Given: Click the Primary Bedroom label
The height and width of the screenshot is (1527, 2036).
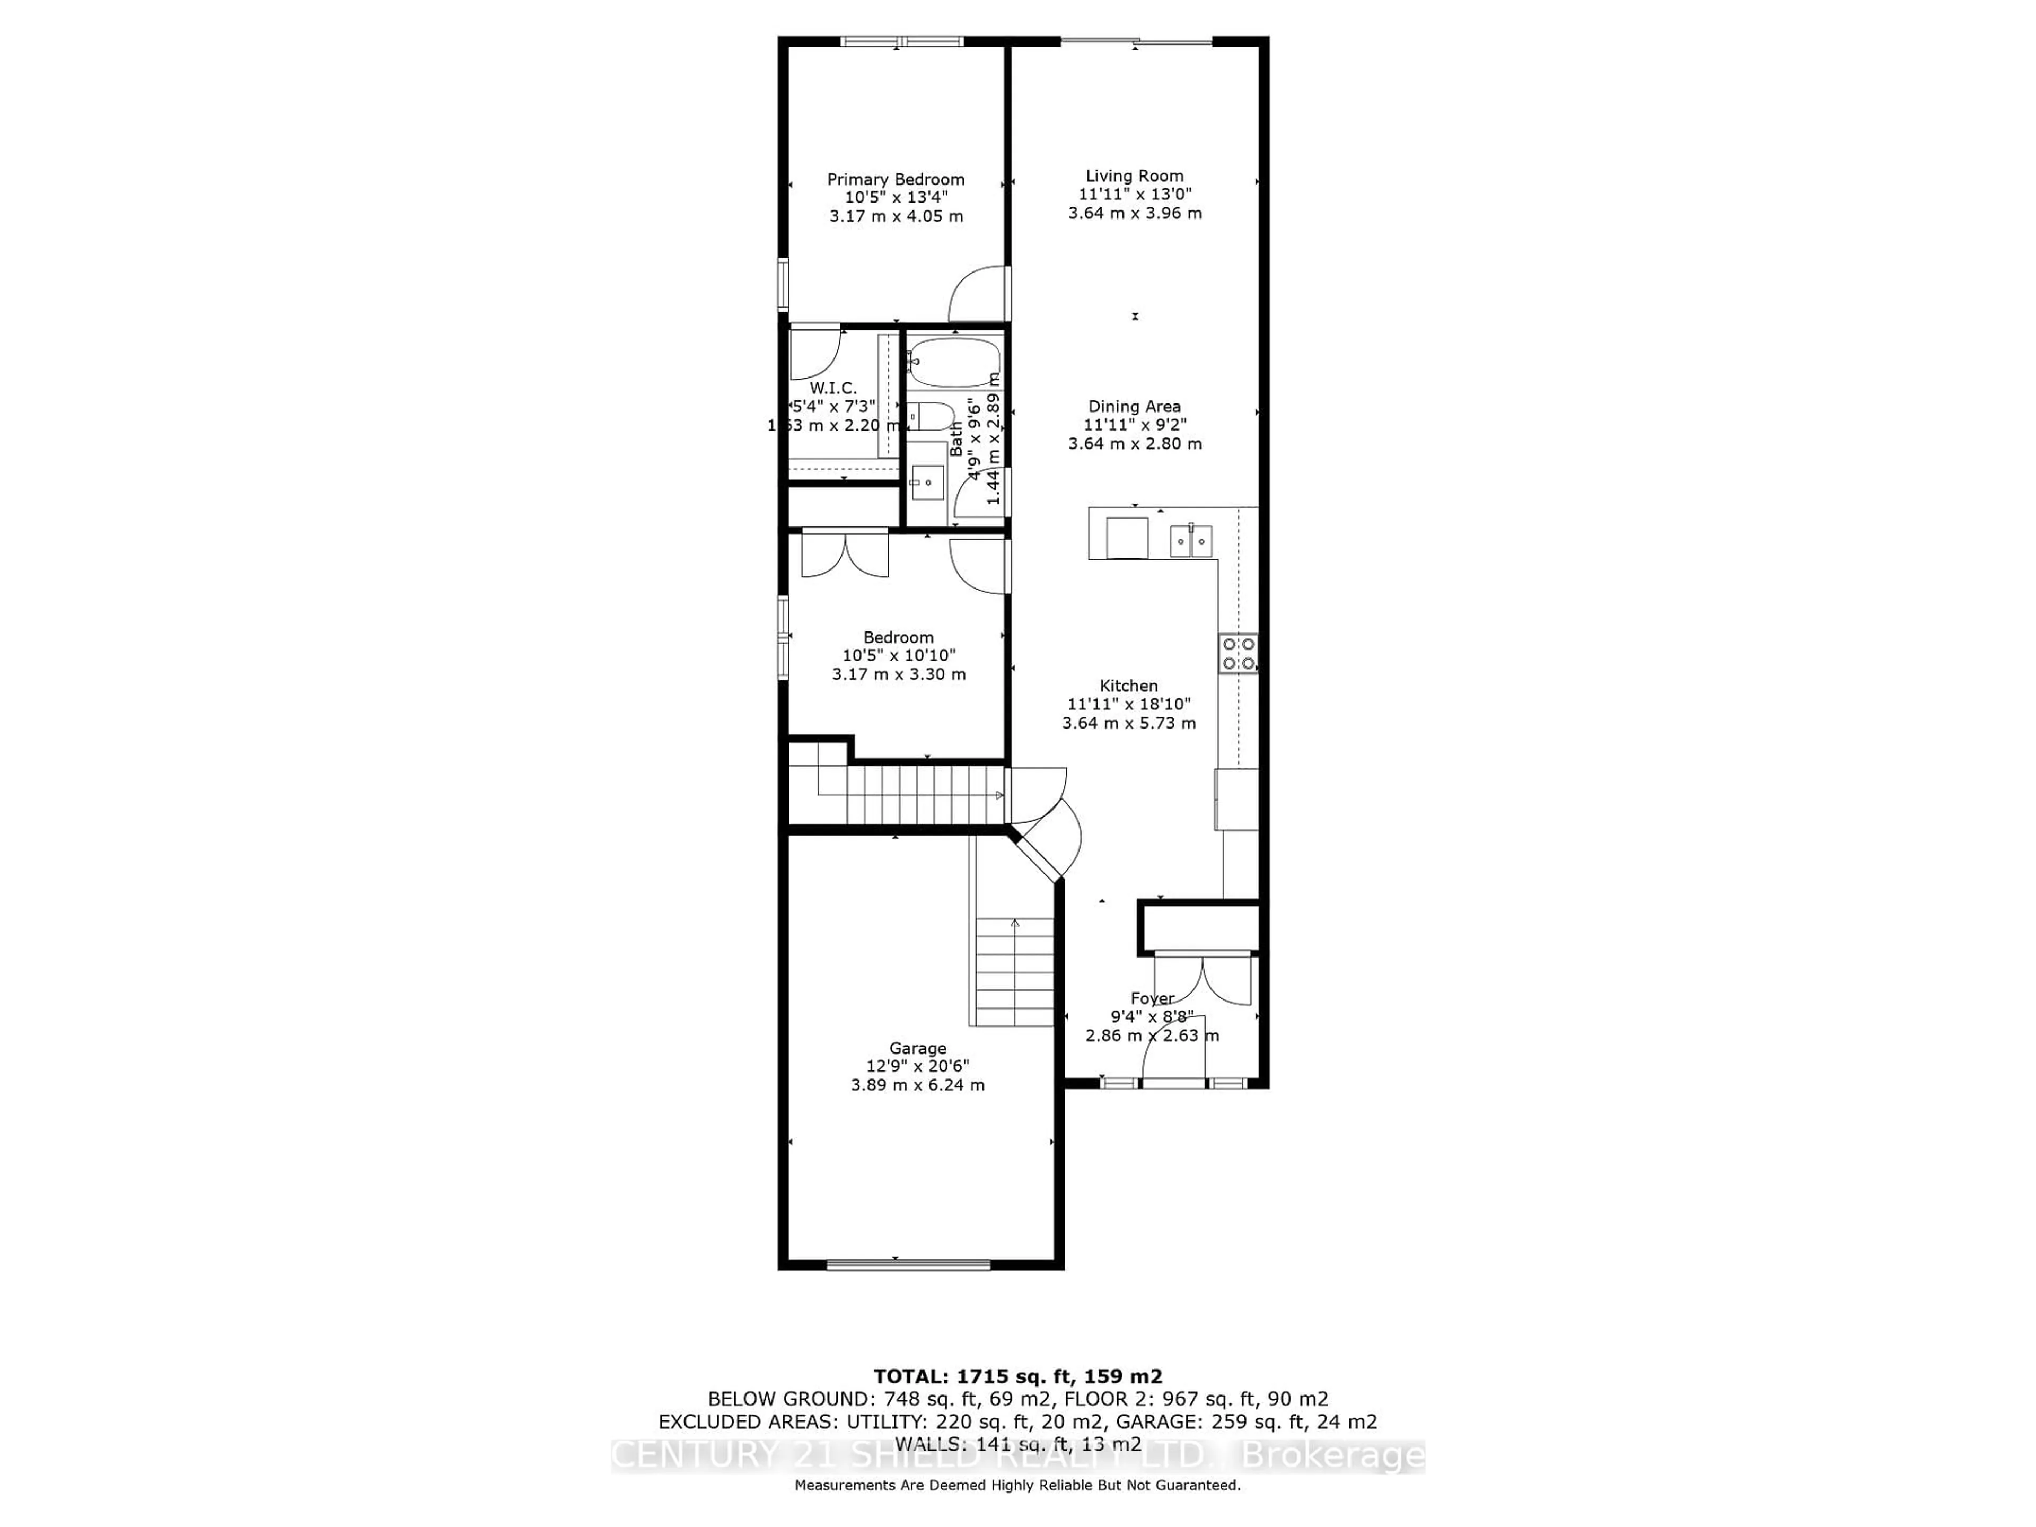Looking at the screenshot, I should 896,180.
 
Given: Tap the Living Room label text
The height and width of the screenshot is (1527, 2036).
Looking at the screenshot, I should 1134,176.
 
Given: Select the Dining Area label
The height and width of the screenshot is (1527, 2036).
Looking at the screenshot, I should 1134,406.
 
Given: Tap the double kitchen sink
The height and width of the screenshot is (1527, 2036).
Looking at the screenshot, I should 1191,541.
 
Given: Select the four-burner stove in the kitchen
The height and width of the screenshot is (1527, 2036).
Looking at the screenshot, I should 1238,654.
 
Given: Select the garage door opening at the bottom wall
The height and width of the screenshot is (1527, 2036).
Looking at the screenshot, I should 908,1265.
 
